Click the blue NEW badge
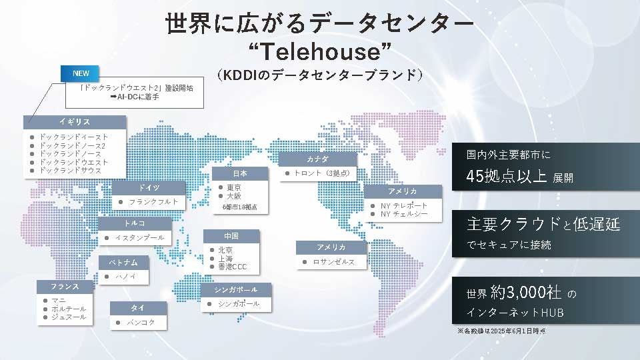tap(81, 73)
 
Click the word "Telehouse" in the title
tap(320, 51)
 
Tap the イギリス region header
tap(74, 122)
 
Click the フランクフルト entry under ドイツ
tap(153, 201)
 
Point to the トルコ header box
tap(134, 223)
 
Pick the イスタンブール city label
tap(139, 238)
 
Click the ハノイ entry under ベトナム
tap(126, 276)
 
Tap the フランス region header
tap(65, 286)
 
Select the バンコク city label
tap(141, 322)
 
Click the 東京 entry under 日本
tap(234, 187)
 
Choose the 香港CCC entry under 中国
tap(233, 267)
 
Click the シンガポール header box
tap(237, 289)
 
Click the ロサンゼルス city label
tap(334, 262)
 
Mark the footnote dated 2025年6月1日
tap(501, 331)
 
